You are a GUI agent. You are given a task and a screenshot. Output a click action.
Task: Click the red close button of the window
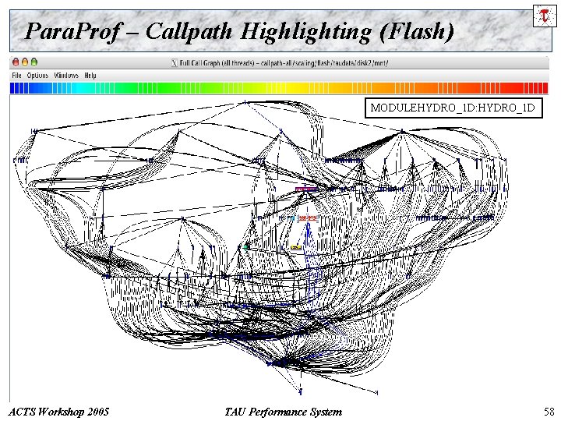15,62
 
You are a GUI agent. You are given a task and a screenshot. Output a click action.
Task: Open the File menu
16,76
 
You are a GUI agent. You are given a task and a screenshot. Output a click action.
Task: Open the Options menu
37,76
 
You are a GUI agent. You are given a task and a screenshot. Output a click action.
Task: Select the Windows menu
66,76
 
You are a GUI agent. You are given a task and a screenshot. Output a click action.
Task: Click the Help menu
90,76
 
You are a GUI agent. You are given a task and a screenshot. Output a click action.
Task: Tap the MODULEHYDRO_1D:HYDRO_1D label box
453,108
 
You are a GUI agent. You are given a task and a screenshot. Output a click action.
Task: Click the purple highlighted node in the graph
305,189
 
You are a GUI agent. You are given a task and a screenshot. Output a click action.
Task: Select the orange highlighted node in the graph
308,218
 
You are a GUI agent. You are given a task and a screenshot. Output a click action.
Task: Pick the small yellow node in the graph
296,246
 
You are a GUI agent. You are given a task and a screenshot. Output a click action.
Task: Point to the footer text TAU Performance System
282,411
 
